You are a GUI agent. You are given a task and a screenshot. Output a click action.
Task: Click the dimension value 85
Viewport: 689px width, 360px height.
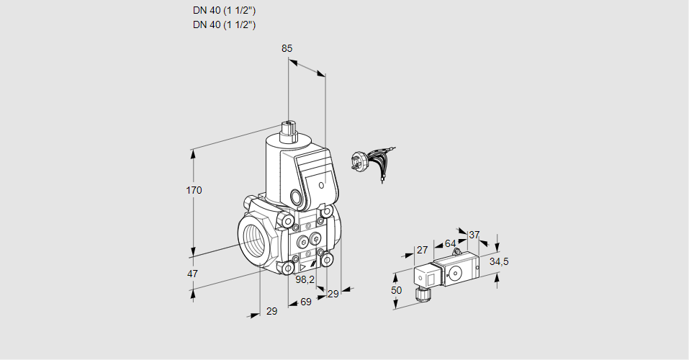click(287, 48)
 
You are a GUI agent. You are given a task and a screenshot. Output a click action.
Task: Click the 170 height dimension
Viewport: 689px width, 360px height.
click(194, 191)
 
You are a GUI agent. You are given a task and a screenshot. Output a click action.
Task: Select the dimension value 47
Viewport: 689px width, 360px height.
click(193, 274)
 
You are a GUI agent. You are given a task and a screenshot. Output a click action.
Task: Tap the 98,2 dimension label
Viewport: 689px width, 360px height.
click(306, 279)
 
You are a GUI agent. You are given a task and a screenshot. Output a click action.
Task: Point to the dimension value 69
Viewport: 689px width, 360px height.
click(305, 301)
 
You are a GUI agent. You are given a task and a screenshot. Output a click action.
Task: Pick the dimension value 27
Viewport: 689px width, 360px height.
click(423, 250)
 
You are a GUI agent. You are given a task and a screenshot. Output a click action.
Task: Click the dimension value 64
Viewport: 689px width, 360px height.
click(450, 243)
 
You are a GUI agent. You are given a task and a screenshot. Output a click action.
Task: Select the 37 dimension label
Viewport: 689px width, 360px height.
click(474, 235)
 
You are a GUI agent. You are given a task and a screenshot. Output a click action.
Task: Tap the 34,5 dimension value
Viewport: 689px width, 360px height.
click(499, 261)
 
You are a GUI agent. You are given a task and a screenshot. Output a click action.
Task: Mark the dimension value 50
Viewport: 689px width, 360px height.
click(396, 289)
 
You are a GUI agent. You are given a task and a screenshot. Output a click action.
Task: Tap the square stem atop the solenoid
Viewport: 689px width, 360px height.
click(289, 130)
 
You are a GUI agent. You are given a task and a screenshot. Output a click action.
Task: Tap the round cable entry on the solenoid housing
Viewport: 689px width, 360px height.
click(296, 197)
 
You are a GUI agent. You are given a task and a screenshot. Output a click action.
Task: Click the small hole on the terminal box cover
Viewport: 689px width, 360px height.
click(320, 184)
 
